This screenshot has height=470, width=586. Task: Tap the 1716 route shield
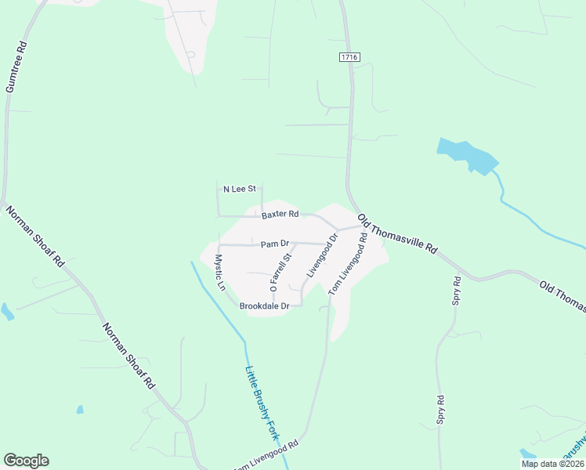[x=349, y=57]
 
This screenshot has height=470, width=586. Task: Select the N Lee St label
[x=240, y=189]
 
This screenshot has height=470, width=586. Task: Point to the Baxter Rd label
[x=280, y=214]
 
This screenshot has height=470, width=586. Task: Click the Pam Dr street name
[x=276, y=244]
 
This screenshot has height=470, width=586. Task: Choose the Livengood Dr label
[x=322, y=255]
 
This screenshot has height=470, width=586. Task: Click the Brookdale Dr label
[x=265, y=306]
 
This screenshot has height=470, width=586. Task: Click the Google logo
[x=26, y=461]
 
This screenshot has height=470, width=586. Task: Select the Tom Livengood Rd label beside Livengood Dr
[x=348, y=269]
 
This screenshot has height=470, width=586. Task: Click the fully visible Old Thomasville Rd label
[x=397, y=232]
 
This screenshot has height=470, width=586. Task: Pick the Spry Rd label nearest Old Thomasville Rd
[x=457, y=290]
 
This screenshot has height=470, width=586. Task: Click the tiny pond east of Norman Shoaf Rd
[x=80, y=409]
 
